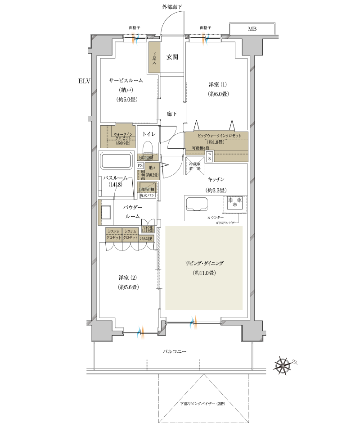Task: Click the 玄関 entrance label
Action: (x=172, y=57)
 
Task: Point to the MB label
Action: (x=252, y=29)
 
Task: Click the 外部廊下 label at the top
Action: (x=172, y=6)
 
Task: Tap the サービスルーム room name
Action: (x=126, y=80)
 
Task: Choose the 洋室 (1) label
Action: (x=218, y=85)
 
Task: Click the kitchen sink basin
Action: (x=196, y=204)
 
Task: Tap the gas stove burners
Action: (x=234, y=202)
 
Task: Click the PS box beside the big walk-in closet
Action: (x=209, y=156)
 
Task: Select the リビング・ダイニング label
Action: (x=204, y=263)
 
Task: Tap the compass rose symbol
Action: (x=283, y=364)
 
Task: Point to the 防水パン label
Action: (x=148, y=196)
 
